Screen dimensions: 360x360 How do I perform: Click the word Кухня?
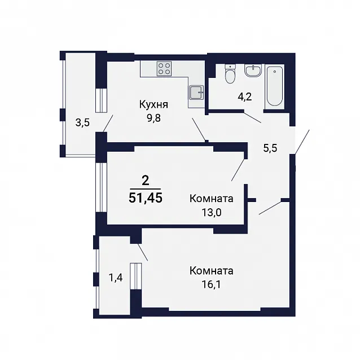tap(153, 105)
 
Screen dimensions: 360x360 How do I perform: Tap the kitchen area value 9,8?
tap(153, 118)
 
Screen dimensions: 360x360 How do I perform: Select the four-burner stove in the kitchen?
tap(164, 68)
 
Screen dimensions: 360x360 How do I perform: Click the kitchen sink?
tap(196, 93)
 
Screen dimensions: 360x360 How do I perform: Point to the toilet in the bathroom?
tap(230, 74)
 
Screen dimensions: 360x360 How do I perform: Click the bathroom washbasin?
tap(253, 71)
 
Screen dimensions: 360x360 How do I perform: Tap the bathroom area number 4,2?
tap(245, 96)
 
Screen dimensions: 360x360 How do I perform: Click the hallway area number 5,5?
tap(270, 148)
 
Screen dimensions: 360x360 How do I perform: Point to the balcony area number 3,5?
tap(82, 123)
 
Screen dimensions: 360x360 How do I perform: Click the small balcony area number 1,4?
tap(116, 278)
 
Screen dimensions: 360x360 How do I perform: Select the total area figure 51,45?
tap(146, 197)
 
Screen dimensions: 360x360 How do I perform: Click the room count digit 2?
tap(146, 181)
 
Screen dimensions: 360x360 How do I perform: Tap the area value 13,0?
tap(212, 212)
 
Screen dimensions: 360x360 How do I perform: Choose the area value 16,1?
tap(211, 285)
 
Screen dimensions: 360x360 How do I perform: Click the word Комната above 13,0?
tap(212, 199)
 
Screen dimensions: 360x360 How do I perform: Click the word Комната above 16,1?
tap(212, 271)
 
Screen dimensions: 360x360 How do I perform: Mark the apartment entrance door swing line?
tap(302, 142)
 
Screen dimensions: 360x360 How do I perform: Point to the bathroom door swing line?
tap(253, 117)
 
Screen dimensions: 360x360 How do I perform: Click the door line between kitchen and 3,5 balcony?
tap(108, 124)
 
